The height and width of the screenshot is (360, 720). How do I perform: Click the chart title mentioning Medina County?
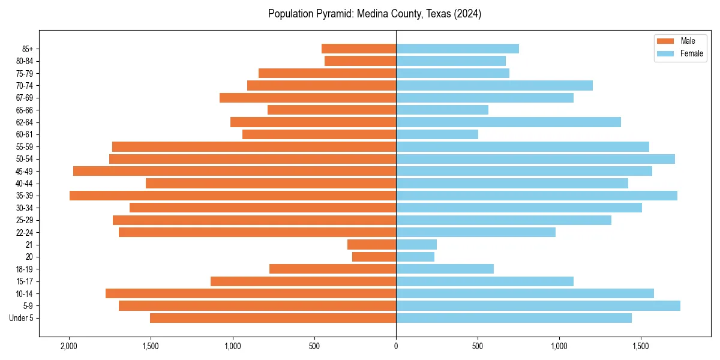pos(374,14)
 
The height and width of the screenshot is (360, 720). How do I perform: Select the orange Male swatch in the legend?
pos(665,41)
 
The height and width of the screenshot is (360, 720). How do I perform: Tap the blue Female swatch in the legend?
pos(665,53)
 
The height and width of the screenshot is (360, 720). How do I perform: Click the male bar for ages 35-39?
pos(233,196)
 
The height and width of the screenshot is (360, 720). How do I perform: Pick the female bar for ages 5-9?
pos(538,306)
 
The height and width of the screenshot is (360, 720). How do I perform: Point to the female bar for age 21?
pos(416,245)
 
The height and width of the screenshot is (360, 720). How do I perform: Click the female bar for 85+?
pos(457,49)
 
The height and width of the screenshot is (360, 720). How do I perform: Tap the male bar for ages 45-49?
pos(235,171)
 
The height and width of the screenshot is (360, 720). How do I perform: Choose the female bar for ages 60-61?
pos(437,134)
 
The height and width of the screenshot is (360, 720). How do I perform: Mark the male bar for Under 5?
pos(273,318)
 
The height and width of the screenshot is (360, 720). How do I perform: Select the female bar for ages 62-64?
pos(508,122)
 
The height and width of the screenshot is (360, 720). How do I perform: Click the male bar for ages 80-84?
pos(360,61)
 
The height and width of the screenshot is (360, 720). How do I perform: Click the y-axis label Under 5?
pos(21,318)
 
